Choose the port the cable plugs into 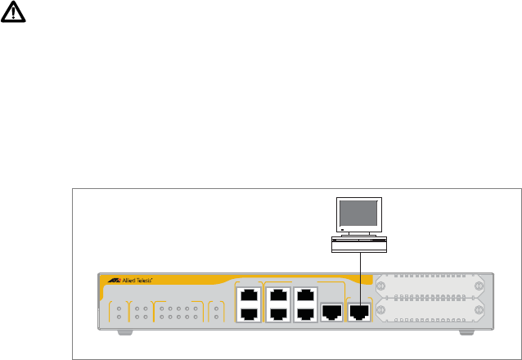359,311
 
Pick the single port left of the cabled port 331,311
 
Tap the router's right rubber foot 468,332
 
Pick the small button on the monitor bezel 377,230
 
